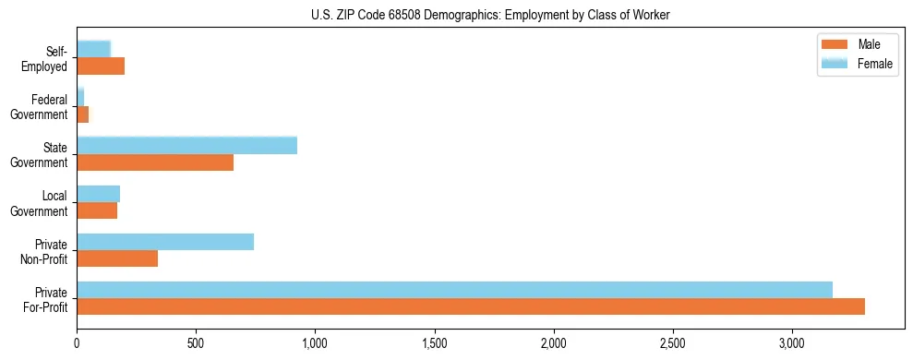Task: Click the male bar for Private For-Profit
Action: (471, 306)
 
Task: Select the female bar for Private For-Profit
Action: (454, 290)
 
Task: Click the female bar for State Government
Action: (186, 145)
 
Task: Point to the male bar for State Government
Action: (155, 162)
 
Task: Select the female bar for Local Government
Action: (98, 194)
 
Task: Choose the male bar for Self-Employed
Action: (101, 66)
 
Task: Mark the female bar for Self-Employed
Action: (93, 49)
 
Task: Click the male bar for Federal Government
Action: (82, 114)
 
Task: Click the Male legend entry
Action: (856, 45)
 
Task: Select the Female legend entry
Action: (856, 63)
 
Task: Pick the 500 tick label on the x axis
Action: (196, 343)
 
